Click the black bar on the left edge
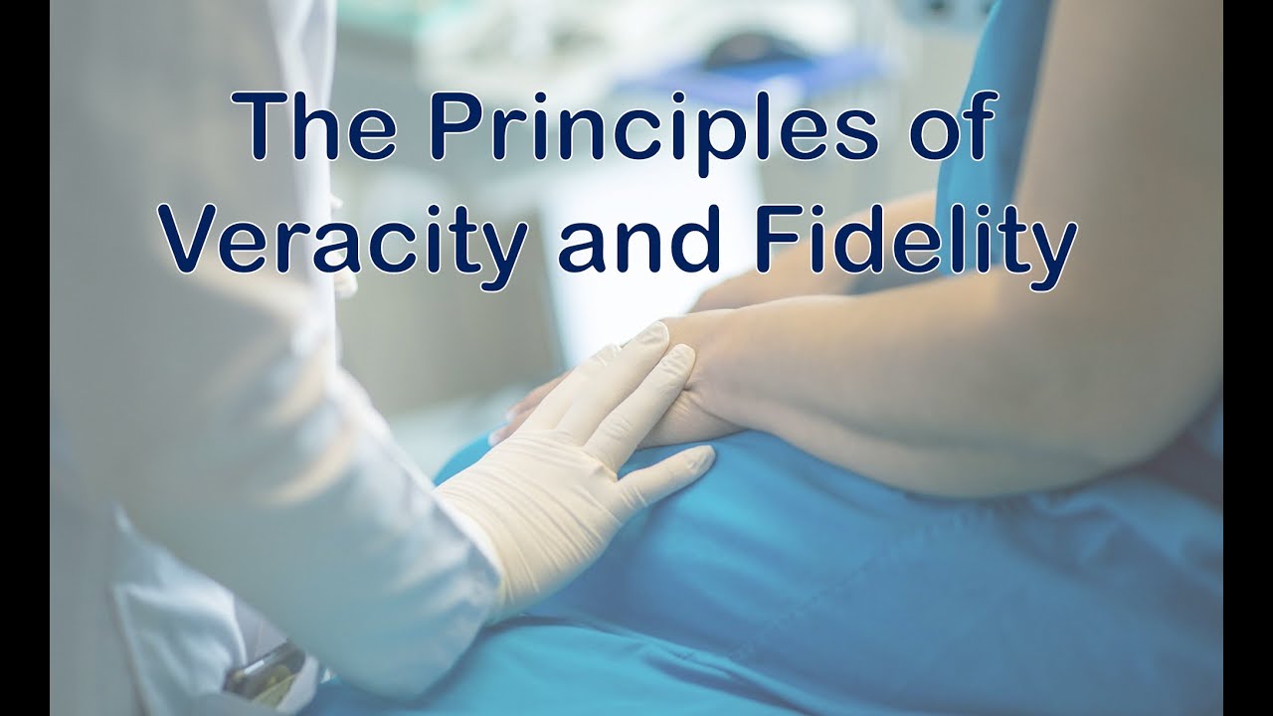25,358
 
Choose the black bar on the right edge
1248,358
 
